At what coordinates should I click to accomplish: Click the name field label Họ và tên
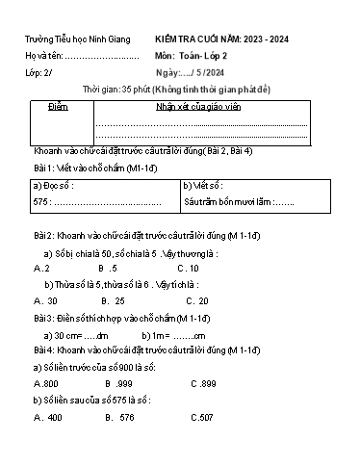(41, 57)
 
